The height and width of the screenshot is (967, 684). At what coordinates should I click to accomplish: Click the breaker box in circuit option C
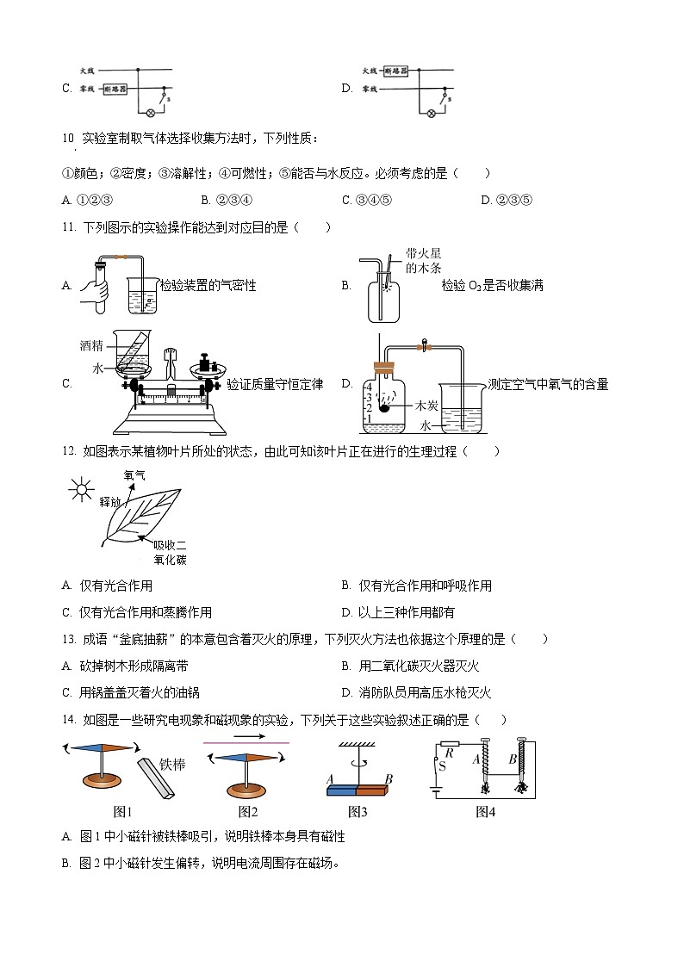115,89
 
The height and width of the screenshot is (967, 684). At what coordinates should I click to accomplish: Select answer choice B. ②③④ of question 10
226,200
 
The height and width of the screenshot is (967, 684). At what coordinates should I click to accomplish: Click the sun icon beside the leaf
82,492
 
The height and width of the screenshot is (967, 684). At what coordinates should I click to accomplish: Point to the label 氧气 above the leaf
135,474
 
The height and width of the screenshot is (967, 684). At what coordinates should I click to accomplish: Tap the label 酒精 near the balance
91,345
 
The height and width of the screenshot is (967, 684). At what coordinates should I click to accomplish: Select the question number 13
69,639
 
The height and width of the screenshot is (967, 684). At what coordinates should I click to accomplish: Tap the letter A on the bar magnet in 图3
330,778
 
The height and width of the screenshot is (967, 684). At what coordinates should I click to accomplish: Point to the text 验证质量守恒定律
275,384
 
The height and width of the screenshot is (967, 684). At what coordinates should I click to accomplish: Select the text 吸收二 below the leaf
170,545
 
